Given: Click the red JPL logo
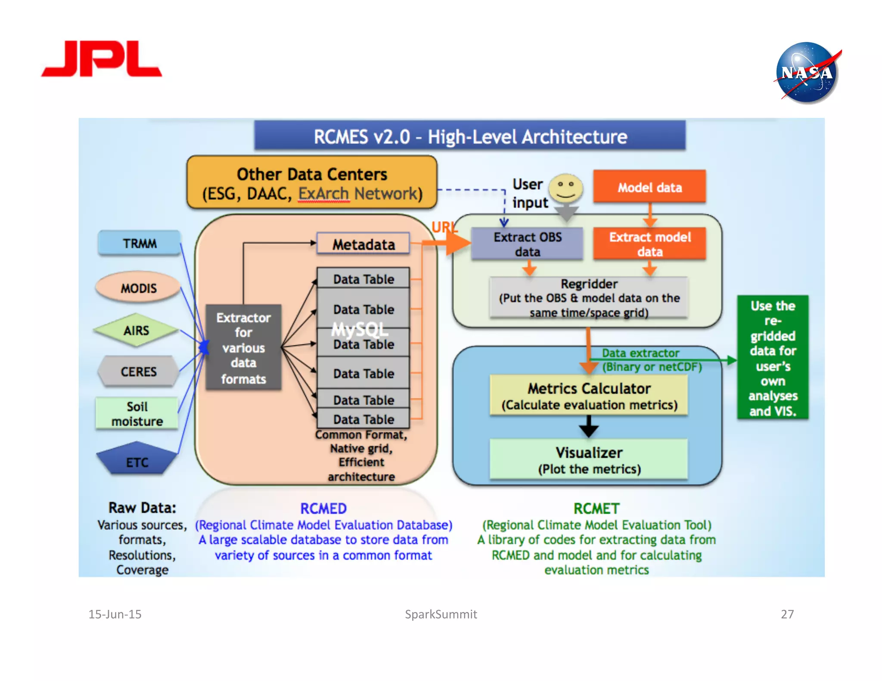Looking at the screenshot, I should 102,59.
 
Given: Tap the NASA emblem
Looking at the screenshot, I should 806,72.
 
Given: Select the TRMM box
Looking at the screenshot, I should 139,243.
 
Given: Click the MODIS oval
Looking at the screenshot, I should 138,288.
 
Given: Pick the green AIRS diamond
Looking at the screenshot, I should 136,330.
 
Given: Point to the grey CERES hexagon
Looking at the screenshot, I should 138,371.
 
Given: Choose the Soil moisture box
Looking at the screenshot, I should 137,413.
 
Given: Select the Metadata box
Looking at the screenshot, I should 363,244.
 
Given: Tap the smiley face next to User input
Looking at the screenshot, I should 566,189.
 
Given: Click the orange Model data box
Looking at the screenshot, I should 649,187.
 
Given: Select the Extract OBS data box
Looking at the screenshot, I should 527,244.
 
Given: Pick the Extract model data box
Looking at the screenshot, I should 649,244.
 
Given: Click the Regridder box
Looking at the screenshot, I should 589,298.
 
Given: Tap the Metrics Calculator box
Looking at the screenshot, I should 589,395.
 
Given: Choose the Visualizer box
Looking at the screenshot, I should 589,459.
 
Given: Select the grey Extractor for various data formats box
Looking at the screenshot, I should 243,347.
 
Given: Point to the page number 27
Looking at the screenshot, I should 787,614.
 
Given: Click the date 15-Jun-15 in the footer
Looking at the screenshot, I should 115,614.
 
